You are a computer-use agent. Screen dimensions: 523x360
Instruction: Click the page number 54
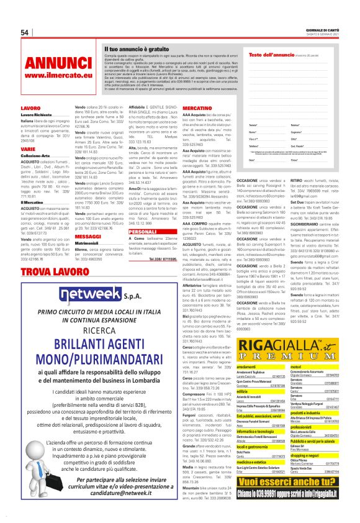[x=25, y=32]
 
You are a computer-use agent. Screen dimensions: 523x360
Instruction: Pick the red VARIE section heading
[x=27, y=149]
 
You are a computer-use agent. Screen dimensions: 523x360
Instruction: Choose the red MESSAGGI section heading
[x=88, y=237]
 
